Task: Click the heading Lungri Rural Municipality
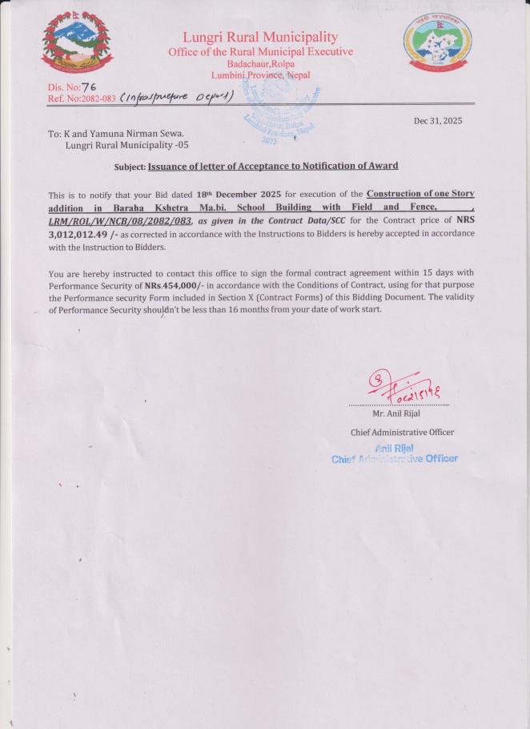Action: tap(260, 37)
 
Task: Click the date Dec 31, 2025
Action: tap(437, 121)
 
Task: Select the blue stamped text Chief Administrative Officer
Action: tap(395, 458)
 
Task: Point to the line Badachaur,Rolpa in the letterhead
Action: tap(260, 63)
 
